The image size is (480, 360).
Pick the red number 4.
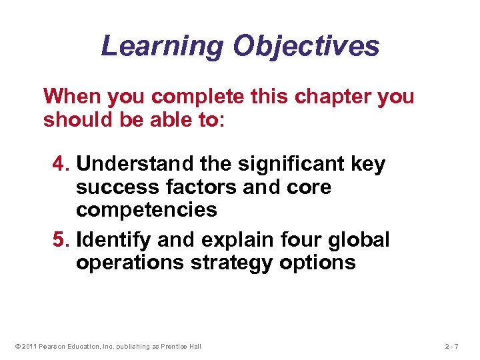[59, 164]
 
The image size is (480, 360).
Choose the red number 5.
[59, 239]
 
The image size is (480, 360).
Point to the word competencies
[146, 211]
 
